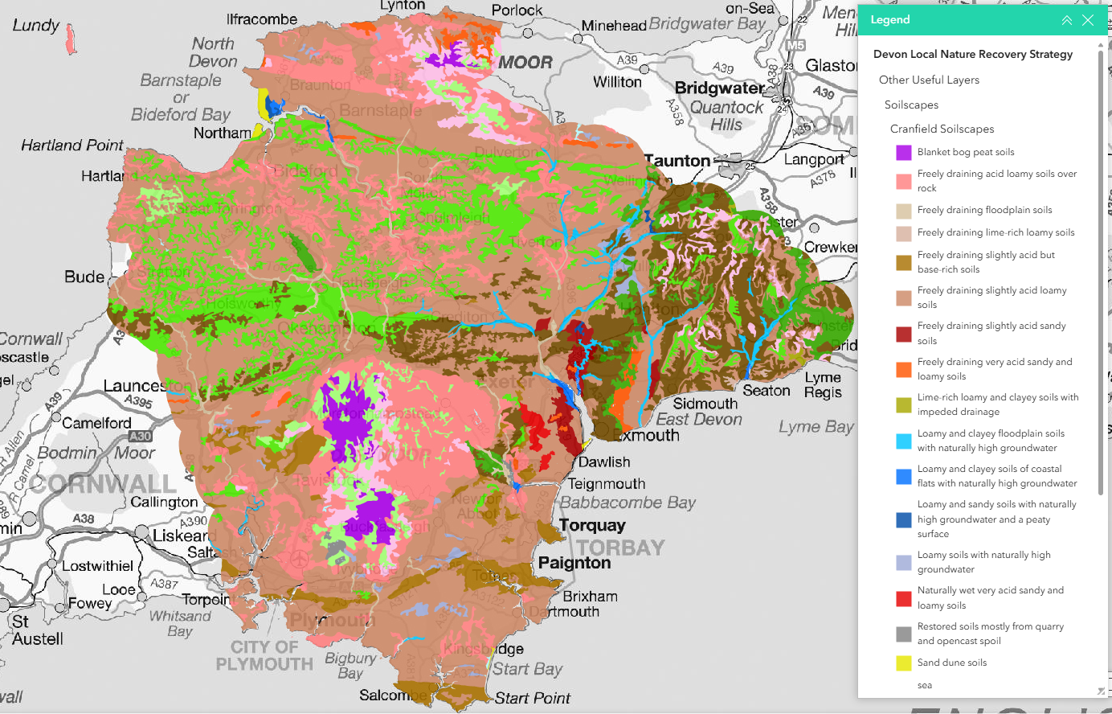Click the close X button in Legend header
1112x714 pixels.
coord(1088,20)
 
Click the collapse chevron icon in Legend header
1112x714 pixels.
coord(1066,20)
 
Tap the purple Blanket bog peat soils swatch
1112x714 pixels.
coord(904,152)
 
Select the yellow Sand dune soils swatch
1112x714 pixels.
coord(904,663)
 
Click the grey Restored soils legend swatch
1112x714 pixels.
coord(904,634)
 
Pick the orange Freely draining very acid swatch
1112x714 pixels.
coord(904,369)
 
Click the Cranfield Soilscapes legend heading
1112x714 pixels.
coord(942,129)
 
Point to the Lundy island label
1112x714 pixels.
coord(36,25)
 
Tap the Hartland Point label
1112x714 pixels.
coord(72,146)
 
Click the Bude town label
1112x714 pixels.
coord(84,277)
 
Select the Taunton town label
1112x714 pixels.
coord(677,161)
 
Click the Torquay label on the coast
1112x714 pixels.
coord(592,525)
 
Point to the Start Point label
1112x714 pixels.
coord(532,698)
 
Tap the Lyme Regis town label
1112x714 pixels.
coord(824,385)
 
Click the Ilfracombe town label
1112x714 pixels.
coord(262,19)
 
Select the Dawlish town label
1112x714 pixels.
coord(604,462)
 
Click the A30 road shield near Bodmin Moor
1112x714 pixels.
coord(141,436)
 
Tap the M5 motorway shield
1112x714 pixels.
coord(795,45)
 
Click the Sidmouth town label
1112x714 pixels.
coord(705,404)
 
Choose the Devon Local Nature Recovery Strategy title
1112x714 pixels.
coord(972,55)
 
